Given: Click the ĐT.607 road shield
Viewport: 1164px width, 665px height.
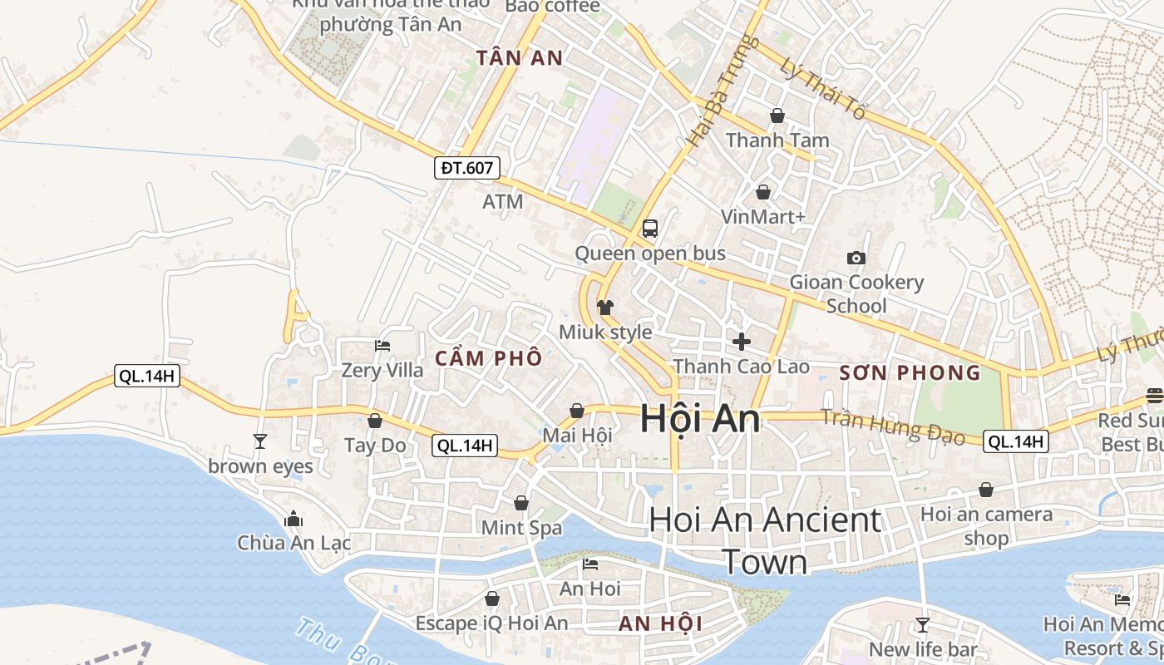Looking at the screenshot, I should (467, 168).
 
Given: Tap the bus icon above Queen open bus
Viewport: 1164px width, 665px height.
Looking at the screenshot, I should (650, 229).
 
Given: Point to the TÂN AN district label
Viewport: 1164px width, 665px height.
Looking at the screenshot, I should (520, 58).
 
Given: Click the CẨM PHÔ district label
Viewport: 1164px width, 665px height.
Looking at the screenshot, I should (489, 358).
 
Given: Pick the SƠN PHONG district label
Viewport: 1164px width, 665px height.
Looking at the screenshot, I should (910, 372).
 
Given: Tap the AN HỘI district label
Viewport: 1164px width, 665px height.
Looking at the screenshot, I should (661, 623).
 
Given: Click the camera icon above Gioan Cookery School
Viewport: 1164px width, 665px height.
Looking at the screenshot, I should (856, 259).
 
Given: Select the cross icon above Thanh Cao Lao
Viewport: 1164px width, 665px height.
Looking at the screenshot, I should (741, 341).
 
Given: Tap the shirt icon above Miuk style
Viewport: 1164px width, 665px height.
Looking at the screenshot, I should (604, 308).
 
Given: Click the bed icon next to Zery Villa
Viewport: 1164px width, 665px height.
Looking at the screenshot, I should (382, 345).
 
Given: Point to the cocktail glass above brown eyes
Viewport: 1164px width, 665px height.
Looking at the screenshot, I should (260, 441).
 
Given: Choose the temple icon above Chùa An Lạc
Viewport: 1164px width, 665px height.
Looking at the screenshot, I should (293, 520).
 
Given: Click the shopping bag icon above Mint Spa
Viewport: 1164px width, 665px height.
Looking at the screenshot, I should (521, 503).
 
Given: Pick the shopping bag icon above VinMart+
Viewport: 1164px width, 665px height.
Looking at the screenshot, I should (763, 193).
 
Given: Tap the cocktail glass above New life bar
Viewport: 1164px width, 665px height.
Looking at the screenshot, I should (922, 625).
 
